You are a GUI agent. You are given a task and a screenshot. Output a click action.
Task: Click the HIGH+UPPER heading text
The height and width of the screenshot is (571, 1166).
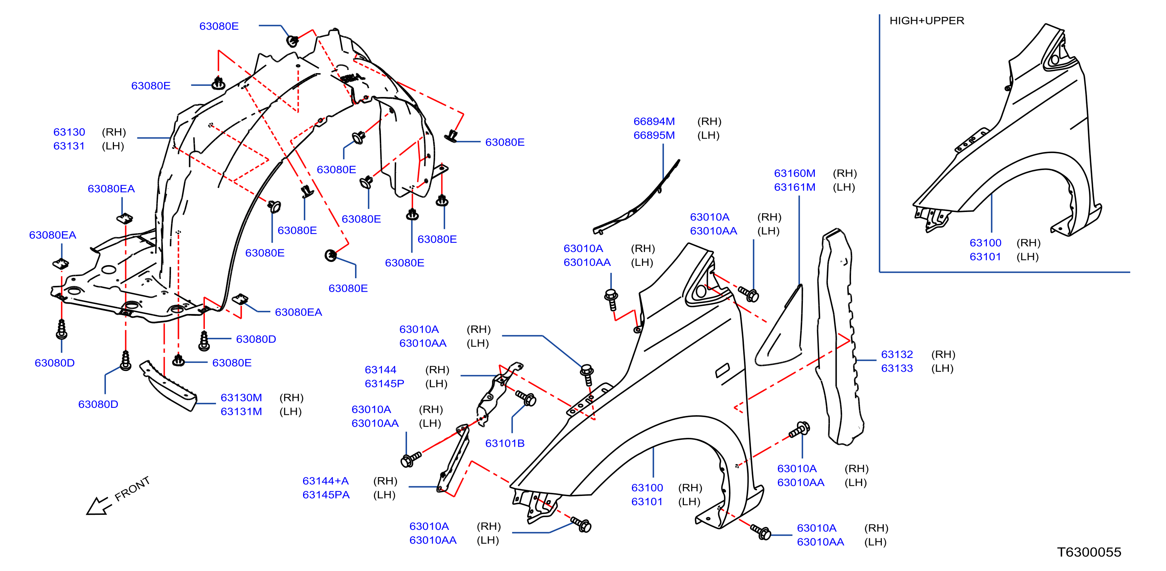(x=926, y=21)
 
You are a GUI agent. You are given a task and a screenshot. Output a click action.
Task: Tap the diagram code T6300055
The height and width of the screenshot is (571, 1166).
(x=1089, y=552)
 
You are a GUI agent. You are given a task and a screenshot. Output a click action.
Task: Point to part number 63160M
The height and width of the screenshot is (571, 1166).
(x=794, y=173)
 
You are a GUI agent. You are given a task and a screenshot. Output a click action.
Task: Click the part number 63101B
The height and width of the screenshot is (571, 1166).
(x=505, y=443)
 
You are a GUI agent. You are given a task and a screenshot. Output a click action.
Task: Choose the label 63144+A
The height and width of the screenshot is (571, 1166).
(x=325, y=481)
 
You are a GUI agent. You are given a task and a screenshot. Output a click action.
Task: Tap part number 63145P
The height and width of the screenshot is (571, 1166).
(x=384, y=384)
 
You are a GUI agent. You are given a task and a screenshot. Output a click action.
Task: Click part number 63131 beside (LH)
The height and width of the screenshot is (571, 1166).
(x=69, y=146)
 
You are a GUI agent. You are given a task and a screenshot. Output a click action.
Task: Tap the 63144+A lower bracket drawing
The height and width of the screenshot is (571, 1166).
(x=454, y=457)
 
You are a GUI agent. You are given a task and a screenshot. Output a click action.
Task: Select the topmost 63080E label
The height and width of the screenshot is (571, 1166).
(x=219, y=26)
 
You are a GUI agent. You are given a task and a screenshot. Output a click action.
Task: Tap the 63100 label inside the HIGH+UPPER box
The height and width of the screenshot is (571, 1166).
(x=985, y=243)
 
